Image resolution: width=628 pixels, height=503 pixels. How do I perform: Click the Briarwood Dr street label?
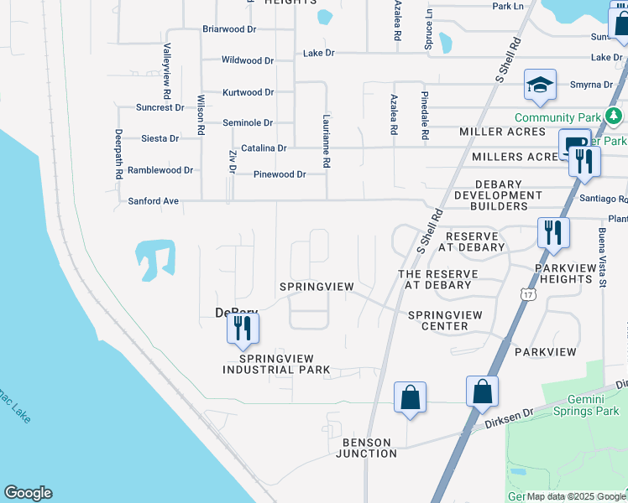229,29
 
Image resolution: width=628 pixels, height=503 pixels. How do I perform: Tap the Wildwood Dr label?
247,60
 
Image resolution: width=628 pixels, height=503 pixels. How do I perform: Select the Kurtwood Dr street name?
248,92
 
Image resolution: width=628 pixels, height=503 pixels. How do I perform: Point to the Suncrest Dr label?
160,107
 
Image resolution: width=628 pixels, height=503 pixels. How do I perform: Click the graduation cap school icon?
541,84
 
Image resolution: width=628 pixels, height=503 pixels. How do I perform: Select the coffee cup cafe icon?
575,144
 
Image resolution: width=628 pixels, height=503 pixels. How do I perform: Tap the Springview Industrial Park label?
270,364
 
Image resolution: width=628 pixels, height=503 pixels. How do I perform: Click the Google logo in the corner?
28,493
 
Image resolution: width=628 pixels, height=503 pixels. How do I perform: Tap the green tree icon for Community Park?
615,115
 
